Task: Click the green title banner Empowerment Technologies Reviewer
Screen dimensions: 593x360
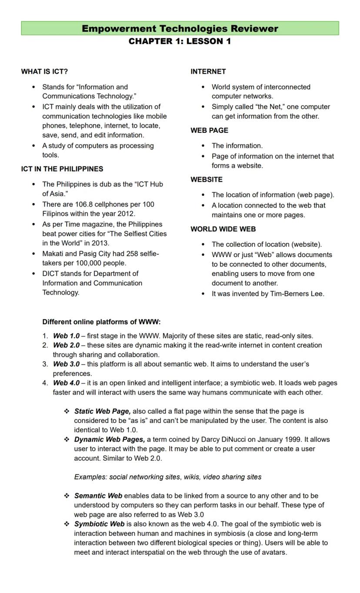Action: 180,29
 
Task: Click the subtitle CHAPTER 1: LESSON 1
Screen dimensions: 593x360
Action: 180,41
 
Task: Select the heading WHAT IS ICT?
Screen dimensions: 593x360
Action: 44,71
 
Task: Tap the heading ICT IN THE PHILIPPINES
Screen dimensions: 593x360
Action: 62,169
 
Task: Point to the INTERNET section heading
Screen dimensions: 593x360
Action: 208,71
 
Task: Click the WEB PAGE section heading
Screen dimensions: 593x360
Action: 209,130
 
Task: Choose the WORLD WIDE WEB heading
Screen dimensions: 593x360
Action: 223,229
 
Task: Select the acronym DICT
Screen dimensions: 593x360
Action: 51,274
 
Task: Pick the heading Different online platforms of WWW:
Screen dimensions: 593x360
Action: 101,322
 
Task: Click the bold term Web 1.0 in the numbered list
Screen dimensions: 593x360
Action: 66,336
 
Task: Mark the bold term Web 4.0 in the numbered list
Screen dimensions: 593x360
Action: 66,383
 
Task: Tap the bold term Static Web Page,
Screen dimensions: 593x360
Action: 102,411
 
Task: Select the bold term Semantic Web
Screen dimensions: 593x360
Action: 98,496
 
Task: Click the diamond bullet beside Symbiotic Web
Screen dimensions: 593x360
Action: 67,524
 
